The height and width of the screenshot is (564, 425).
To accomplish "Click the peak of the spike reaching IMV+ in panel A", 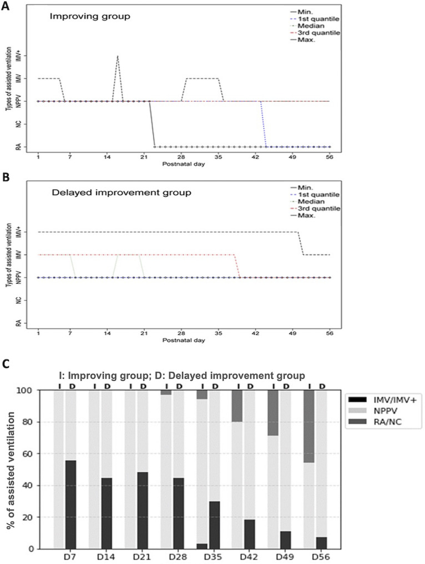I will (x=118, y=56).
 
